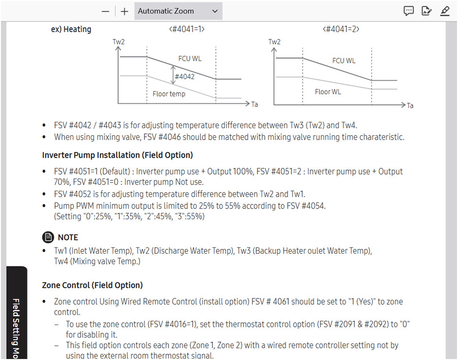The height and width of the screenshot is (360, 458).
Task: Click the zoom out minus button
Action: tap(105, 11)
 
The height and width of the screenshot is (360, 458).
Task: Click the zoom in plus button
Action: tap(124, 11)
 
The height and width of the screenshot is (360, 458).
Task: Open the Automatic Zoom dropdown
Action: tap(178, 11)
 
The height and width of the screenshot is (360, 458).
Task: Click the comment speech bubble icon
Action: tap(409, 11)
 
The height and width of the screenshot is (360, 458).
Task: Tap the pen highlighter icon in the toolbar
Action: tap(445, 11)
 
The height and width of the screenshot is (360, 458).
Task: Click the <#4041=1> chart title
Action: tap(187, 29)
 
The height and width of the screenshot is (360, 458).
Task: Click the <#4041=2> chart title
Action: tap(341, 29)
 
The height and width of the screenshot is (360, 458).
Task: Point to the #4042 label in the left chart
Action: tap(184, 77)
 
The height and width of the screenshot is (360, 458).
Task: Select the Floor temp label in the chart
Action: tap(169, 94)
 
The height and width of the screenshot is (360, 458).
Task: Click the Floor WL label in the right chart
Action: tap(327, 92)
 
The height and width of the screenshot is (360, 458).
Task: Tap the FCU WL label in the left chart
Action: tap(190, 59)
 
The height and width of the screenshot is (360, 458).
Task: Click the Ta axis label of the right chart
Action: tap(410, 105)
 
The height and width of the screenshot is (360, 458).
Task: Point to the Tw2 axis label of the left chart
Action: tap(118, 42)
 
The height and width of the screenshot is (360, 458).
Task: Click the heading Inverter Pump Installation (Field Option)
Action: tap(117, 155)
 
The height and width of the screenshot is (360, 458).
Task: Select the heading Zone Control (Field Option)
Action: tap(92, 285)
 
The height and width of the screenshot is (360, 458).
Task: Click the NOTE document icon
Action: tap(48, 237)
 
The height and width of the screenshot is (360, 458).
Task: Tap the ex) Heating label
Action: tap(71, 29)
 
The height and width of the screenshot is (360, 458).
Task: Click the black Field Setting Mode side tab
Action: tap(16, 312)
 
